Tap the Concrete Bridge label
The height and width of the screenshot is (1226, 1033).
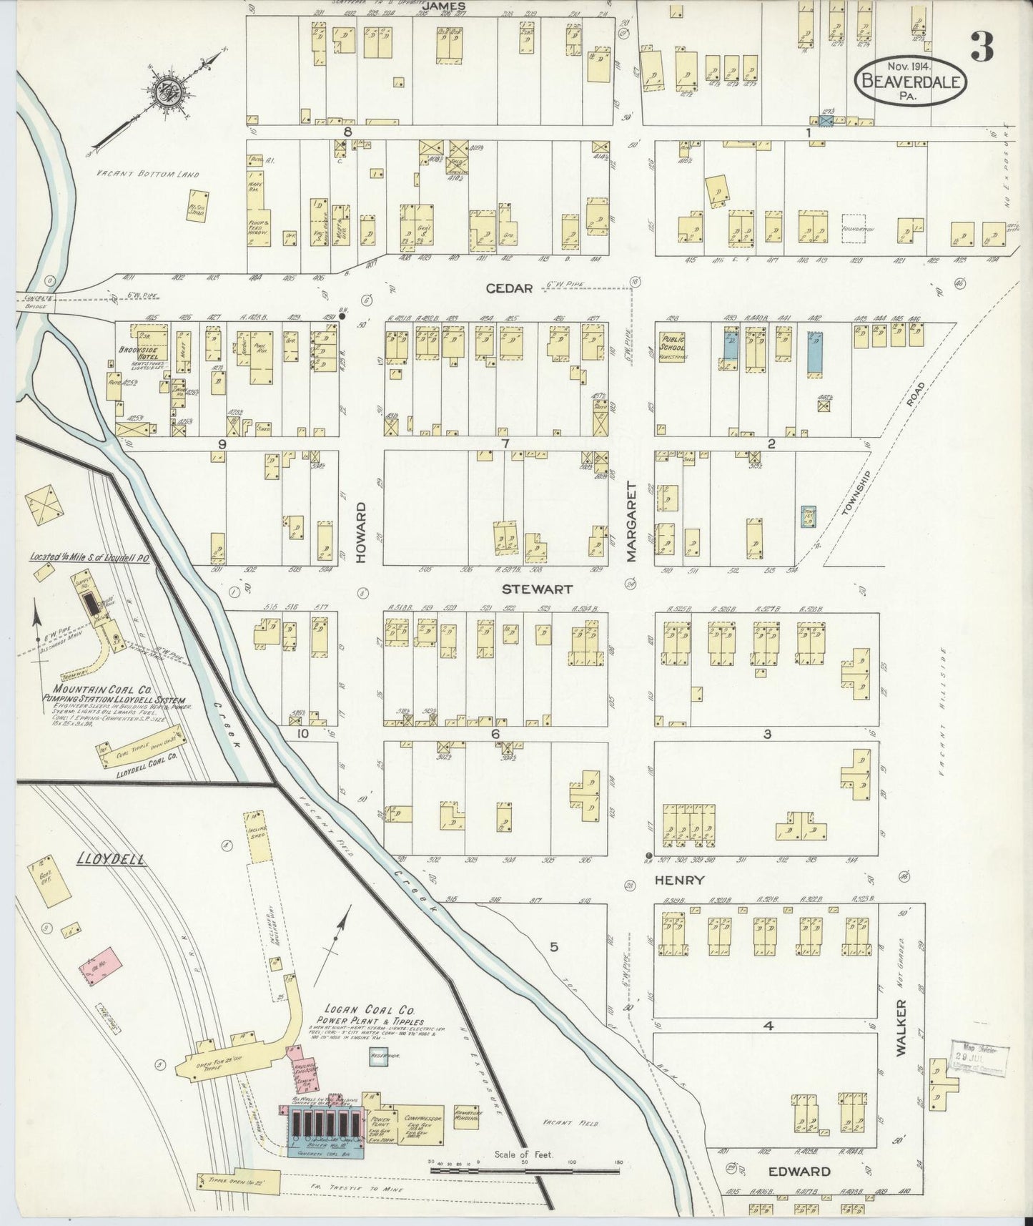click(x=34, y=303)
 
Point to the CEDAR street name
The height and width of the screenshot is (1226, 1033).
click(x=509, y=288)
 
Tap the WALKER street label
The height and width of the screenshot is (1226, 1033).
click(x=900, y=1028)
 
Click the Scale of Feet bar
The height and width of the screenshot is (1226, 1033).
click(x=524, y=1170)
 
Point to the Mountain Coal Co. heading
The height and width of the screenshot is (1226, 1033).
click(x=97, y=692)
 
